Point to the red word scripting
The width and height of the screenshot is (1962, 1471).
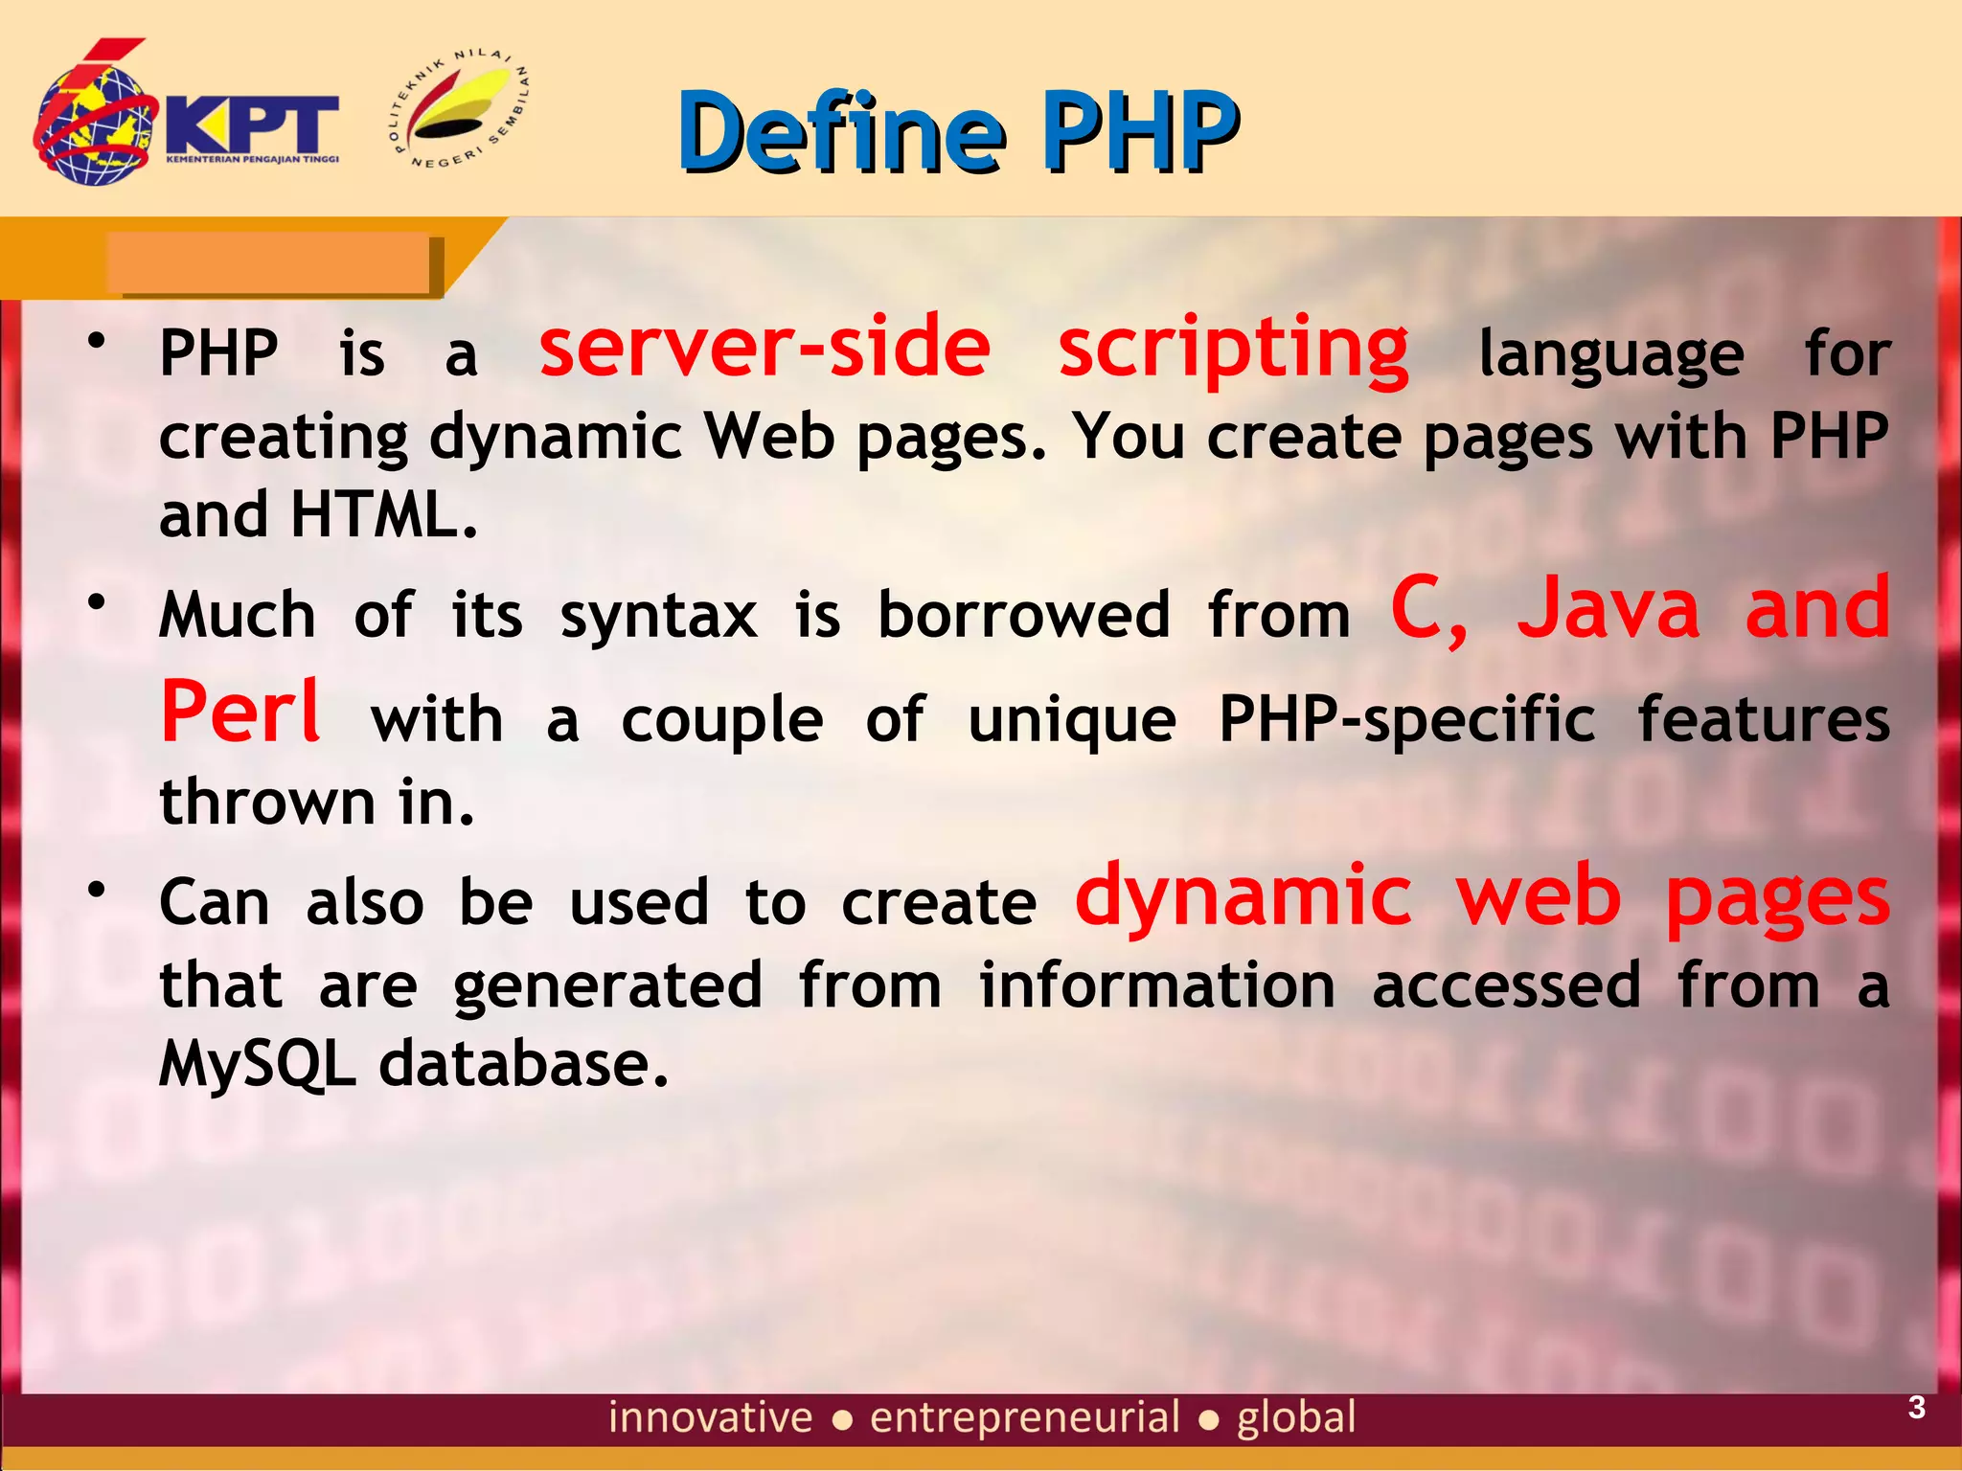pyautogui.click(x=1233, y=349)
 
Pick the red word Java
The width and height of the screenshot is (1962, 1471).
pyautogui.click(x=1608, y=609)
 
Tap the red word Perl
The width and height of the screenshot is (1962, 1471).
pyautogui.click(x=240, y=713)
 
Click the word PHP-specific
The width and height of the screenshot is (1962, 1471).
pyautogui.click(x=1406, y=720)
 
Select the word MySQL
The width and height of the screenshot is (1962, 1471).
pyautogui.click(x=257, y=1065)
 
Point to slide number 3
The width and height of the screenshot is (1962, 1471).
pyautogui.click(x=1916, y=1408)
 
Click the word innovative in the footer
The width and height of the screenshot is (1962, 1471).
pyautogui.click(x=710, y=1417)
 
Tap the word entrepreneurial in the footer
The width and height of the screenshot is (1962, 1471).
pyautogui.click(x=1024, y=1417)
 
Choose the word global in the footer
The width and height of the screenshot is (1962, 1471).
pyautogui.click(x=1296, y=1417)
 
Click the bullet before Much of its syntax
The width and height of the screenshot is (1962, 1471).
pyautogui.click(x=96, y=602)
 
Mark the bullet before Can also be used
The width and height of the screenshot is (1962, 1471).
pyautogui.click(x=96, y=890)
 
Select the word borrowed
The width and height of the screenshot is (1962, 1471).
pyautogui.click(x=1024, y=615)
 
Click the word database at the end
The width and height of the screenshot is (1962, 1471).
pyautogui.click(x=523, y=1065)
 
